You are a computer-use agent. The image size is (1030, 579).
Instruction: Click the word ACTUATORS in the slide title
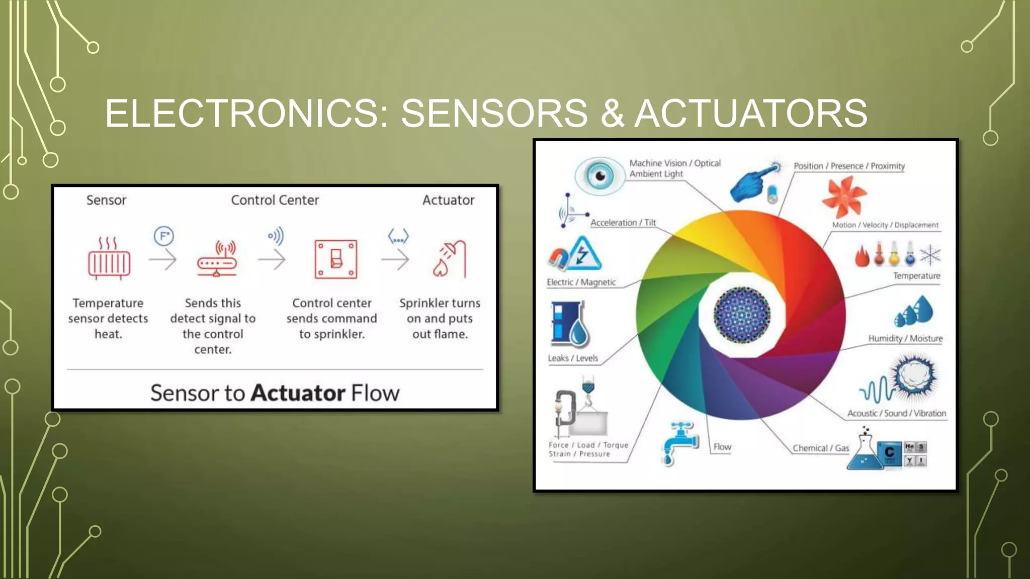tap(750, 114)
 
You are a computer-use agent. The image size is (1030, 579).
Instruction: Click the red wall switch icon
tap(335, 259)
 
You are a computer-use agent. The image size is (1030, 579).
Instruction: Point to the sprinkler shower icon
tap(450, 259)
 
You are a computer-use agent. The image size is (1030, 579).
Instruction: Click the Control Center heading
tap(275, 200)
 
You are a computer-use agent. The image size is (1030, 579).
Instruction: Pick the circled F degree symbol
tap(163, 236)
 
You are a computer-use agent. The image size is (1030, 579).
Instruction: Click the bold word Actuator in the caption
tap(298, 393)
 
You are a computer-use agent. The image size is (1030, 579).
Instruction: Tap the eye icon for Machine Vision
tap(599, 176)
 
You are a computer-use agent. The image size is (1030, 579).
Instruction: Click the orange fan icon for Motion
tap(843, 197)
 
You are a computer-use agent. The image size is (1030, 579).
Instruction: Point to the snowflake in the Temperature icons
tap(930, 255)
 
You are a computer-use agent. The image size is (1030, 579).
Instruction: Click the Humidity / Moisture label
tap(905, 338)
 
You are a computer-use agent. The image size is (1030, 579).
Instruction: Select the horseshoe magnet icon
tap(558, 258)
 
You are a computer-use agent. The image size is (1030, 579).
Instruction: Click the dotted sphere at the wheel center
tap(742, 315)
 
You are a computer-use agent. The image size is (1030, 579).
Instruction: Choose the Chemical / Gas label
tap(821, 448)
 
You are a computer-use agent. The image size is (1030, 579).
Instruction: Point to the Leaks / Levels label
tap(573, 358)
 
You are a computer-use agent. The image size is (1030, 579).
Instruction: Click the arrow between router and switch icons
tap(272, 260)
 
